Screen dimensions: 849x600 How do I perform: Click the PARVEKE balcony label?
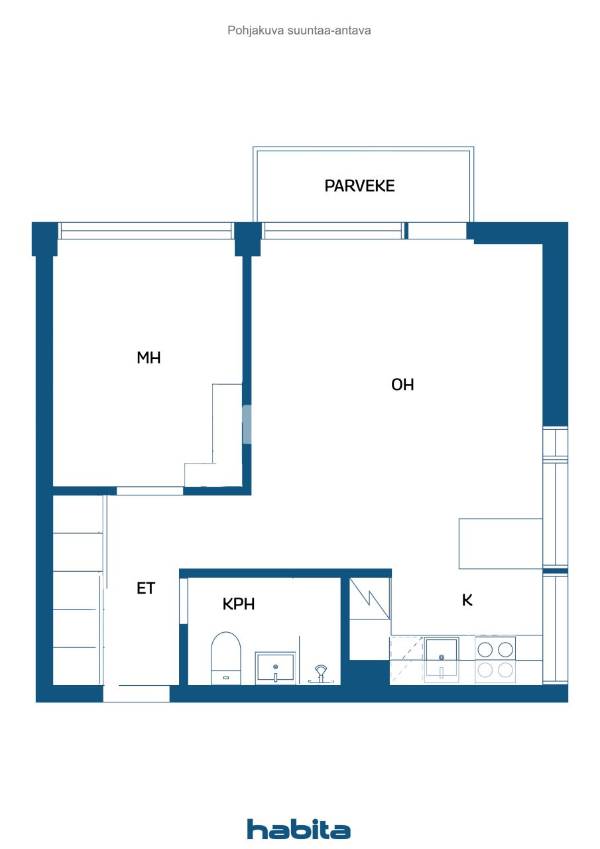pos(359,186)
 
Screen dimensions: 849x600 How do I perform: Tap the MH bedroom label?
pos(149,358)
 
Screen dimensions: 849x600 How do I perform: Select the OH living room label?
pos(402,385)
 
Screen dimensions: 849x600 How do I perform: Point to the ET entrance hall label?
pos(146,588)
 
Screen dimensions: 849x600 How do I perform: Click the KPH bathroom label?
pos(239,604)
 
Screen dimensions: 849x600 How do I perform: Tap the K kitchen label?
pos(467,600)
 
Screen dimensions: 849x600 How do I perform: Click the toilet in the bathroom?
pos(225,657)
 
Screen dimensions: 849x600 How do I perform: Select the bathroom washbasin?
pos(275,667)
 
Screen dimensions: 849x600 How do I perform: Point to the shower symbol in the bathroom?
pos(320,673)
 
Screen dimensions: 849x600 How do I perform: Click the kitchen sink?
pos(442,659)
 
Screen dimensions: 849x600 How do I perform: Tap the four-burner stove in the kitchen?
pos(495,659)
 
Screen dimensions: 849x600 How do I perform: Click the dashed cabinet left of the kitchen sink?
pos(406,659)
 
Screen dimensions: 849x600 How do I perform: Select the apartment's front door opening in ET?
pos(136,694)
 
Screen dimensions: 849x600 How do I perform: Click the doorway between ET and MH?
pos(150,491)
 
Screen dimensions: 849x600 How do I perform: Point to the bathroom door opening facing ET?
pos(184,601)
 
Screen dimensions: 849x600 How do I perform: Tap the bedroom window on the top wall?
pos(146,231)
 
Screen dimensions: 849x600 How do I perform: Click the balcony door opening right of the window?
pos(437,231)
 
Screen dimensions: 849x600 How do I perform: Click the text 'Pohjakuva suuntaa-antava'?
pos(299,31)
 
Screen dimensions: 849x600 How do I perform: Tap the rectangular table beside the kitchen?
pos(501,543)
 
